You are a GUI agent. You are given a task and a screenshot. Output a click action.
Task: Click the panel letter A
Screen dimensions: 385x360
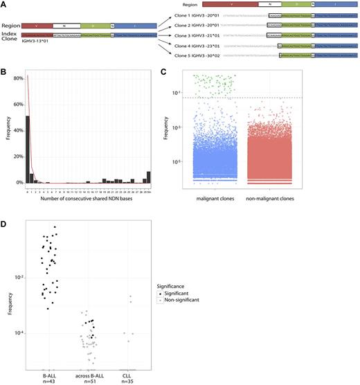coord(4,4)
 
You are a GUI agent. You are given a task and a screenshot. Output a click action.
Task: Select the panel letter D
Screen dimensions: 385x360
coord(4,221)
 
